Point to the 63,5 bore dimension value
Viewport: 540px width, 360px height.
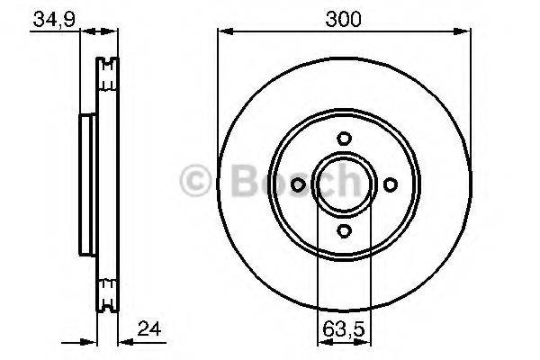[x=343, y=329]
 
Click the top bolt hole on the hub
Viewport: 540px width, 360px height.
[x=344, y=139]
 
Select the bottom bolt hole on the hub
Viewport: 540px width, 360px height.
[x=344, y=231]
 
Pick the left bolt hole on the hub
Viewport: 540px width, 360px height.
[x=298, y=184]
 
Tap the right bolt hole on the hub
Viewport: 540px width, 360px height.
[x=391, y=184]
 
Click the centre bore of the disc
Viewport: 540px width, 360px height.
[x=344, y=184]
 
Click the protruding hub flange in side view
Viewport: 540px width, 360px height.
[x=87, y=184]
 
